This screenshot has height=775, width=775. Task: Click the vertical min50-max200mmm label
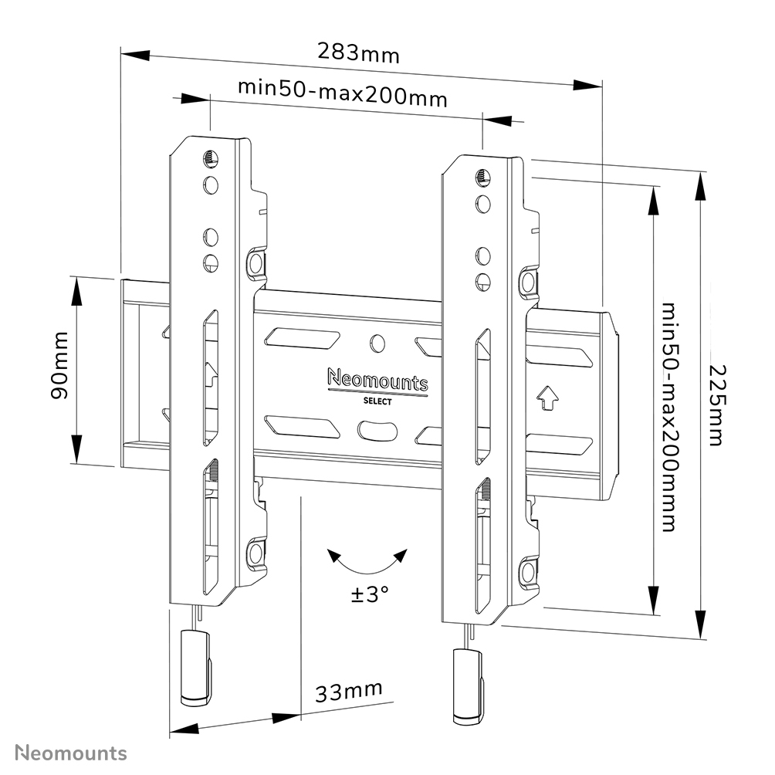(x=668, y=417)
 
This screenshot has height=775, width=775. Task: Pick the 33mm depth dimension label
(x=349, y=692)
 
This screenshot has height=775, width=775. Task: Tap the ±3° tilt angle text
(x=369, y=594)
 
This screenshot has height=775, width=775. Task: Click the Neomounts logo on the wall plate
(x=377, y=380)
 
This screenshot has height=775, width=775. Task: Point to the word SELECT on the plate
(x=377, y=401)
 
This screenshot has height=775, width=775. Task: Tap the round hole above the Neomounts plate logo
(x=377, y=343)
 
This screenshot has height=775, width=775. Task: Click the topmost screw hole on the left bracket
(x=210, y=160)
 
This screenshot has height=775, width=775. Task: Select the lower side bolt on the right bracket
(x=528, y=571)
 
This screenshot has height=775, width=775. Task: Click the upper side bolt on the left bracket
(x=256, y=264)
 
